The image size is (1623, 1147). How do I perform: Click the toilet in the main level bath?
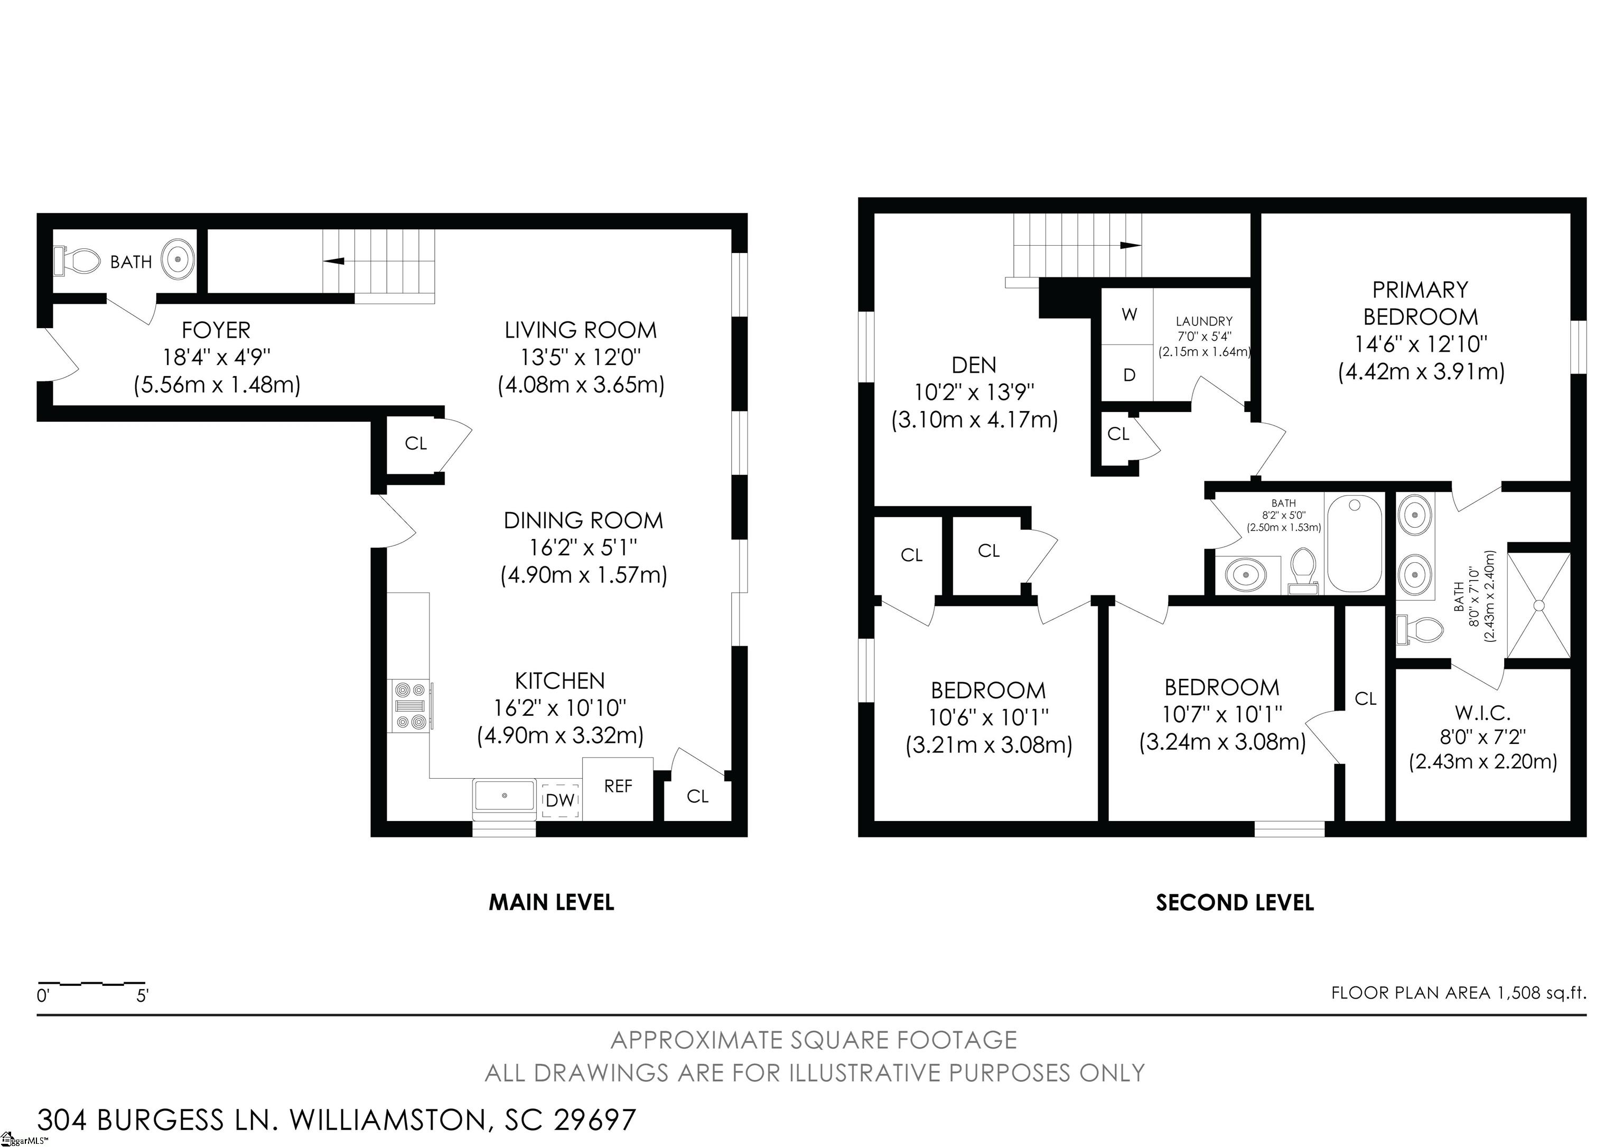[77, 260]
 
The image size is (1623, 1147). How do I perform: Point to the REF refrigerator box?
[617, 788]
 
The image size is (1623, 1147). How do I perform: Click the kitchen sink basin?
[504, 796]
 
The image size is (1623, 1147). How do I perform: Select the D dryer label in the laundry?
[1130, 375]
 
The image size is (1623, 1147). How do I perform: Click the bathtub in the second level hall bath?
[1354, 544]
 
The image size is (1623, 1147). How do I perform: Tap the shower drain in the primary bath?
[1539, 605]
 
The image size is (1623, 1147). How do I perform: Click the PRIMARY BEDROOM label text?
[1420, 303]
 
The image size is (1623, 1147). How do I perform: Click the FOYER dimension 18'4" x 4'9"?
[217, 358]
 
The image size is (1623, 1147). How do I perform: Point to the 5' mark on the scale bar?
[143, 996]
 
